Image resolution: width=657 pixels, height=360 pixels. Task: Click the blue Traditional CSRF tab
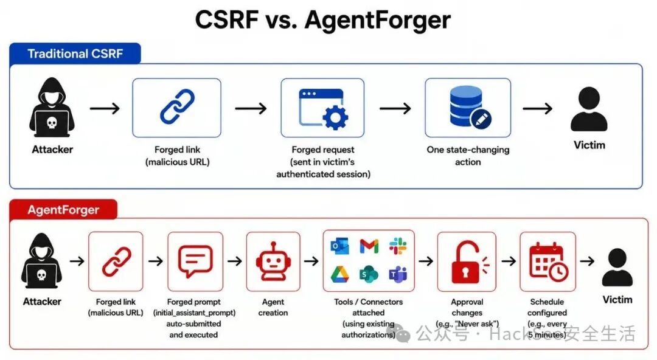point(75,54)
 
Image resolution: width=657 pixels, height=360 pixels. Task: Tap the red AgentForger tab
point(63,209)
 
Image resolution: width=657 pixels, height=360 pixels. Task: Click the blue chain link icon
point(177,106)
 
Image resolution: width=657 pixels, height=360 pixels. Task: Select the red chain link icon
point(116,261)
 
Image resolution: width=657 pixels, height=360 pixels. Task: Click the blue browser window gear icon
point(322,108)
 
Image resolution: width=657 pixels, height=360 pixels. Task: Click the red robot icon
point(273,261)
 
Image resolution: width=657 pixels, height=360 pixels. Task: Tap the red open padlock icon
point(468,261)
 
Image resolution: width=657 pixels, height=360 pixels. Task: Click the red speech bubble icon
point(195,260)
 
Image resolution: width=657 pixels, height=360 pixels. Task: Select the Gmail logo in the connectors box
point(369,246)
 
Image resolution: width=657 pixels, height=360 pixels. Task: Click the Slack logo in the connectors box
point(398,246)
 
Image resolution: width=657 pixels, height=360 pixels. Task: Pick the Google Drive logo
point(340,274)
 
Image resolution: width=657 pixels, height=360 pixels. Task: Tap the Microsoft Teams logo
point(398,274)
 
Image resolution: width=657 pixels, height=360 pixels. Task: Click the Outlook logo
point(340,246)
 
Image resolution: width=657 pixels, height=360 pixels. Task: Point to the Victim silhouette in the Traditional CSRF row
point(589,109)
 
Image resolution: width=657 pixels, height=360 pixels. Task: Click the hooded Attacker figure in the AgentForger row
point(41,261)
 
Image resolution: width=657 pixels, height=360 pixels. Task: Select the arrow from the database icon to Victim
point(538,108)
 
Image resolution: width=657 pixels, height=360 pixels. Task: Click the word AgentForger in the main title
point(378,19)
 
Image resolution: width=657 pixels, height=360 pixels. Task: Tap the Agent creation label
point(273,307)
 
